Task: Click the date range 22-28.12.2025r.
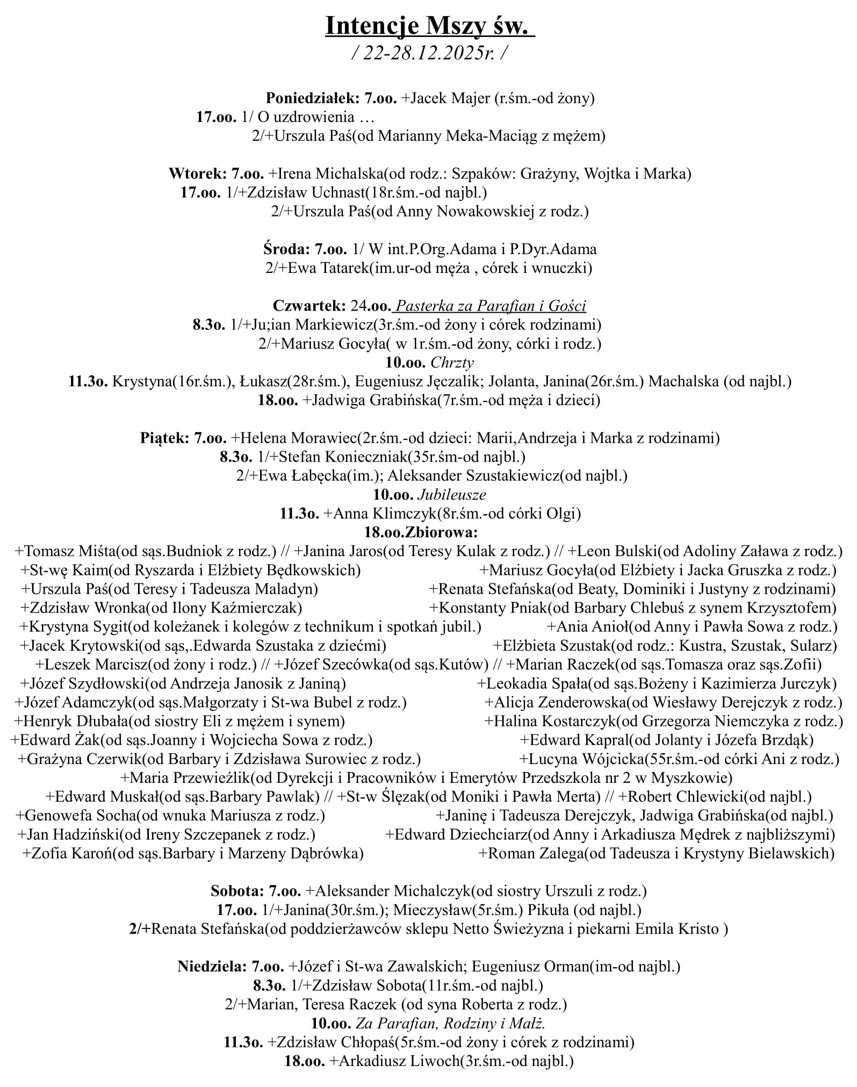pyautogui.click(x=428, y=53)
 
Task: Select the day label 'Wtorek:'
pyautogui.click(x=197, y=174)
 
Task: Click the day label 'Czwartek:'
pyautogui.click(x=309, y=306)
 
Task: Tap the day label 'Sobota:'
pyautogui.click(x=236, y=891)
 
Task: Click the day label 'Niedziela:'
pyautogui.click(x=212, y=967)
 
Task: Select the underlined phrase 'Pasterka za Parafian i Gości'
pyautogui.click(x=490, y=306)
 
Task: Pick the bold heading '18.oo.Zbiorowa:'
pyautogui.click(x=421, y=532)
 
